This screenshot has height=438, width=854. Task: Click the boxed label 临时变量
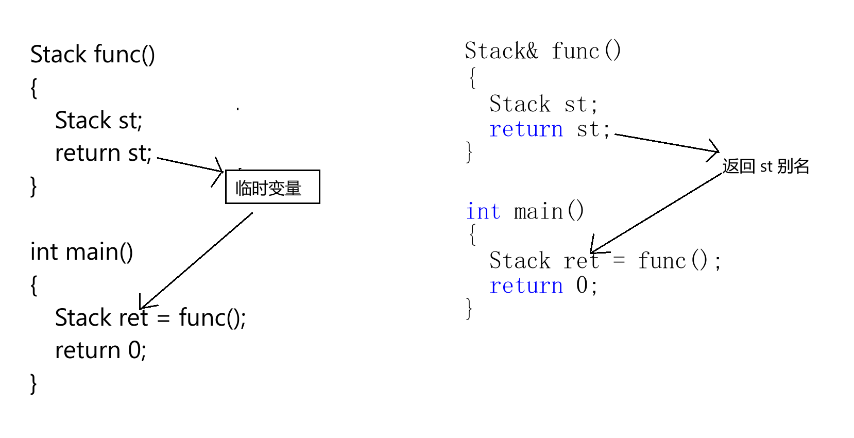[272, 187]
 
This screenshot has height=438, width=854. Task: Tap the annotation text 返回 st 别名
[765, 166]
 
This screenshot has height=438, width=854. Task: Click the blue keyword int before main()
[483, 211]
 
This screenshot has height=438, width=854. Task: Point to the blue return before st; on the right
[526, 129]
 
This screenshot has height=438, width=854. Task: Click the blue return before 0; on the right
[526, 285]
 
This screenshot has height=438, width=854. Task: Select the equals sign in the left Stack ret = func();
[163, 318]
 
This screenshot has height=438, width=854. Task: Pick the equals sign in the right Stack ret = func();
[619, 261]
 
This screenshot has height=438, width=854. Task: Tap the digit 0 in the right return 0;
[582, 285]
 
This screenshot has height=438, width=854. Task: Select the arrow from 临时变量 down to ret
[196, 261]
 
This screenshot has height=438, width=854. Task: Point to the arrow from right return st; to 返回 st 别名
[667, 143]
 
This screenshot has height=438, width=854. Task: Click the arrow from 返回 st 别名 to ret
[657, 212]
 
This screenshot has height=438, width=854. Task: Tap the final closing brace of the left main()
[33, 384]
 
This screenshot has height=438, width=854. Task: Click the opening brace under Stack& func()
[472, 78]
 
